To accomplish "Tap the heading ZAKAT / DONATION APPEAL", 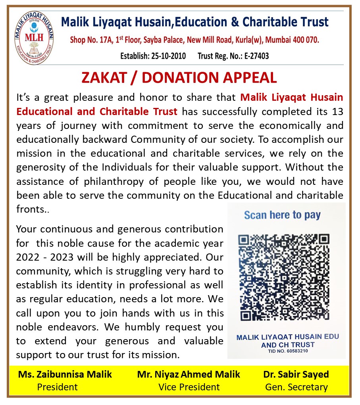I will coord(179,78).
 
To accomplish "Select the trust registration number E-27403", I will coord(256,56).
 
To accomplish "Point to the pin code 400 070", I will coord(306,40).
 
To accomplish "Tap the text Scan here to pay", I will coord(282,215).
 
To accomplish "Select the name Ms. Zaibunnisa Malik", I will coord(65,374).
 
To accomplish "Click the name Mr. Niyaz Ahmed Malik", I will coord(189,374).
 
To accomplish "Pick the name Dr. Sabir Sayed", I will coord(296,374).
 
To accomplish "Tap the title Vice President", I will coord(189,387).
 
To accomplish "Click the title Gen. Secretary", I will coord(296,387).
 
